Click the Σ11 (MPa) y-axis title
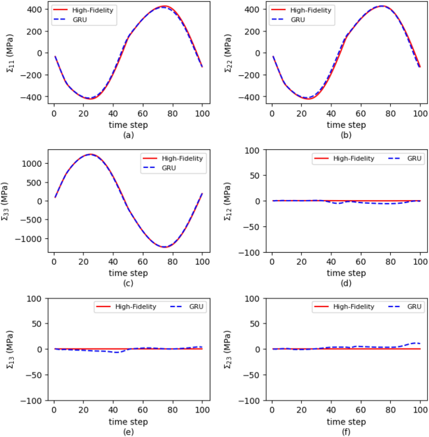coord(10,53)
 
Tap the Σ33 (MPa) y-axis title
coord(5,201)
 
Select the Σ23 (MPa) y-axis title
coord(228,349)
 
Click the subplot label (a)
coord(128,135)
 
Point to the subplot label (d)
coord(346,283)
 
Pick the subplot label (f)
coord(346,432)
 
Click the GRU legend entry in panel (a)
coord(70,20)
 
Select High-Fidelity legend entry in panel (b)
coord(301,10)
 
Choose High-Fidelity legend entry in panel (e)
coord(126,307)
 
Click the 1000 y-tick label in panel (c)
coord(31,164)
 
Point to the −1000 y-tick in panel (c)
coord(28,239)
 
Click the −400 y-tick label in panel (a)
coord(30,97)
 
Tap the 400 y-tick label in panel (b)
coord(252,9)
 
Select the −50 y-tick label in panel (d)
coord(251,227)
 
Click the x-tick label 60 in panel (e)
coord(143,410)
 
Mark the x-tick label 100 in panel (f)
coord(420,410)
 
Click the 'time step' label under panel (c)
coord(128,273)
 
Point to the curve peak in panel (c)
coord(90,154)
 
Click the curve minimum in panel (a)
coord(91,99)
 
